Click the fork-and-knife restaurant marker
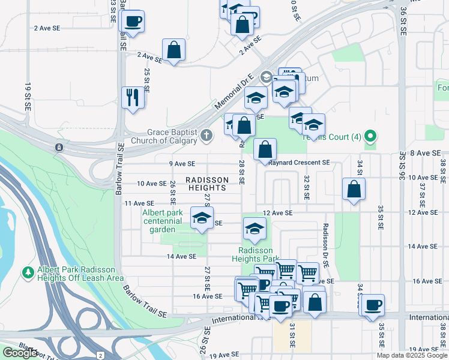tap(133, 97)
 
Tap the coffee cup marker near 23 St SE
tap(133, 22)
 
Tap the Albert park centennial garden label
tap(162, 220)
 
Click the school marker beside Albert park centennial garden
tap(202, 218)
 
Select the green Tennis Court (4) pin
tap(370, 137)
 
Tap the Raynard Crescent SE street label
tap(300, 163)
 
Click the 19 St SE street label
tap(28, 97)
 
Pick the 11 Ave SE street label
tap(139, 204)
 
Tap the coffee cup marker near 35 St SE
tap(372, 305)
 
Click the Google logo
tap(20, 352)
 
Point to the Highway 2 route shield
tap(99, 356)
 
